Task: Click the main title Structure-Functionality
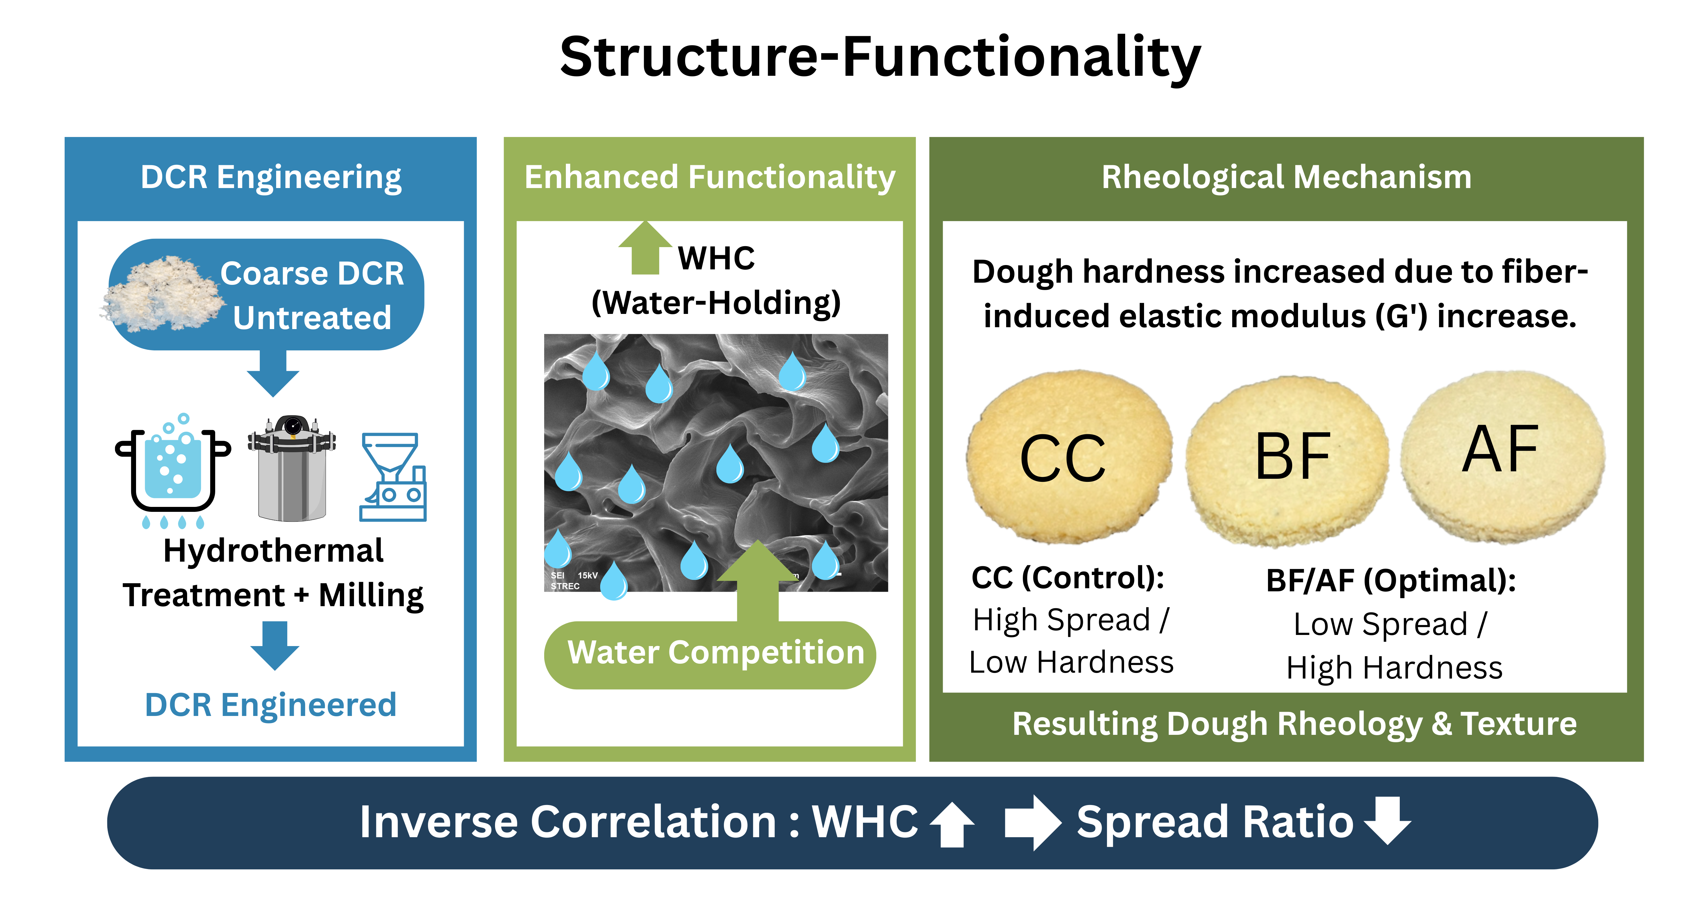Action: pos(880,58)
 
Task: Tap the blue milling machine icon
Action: pos(393,477)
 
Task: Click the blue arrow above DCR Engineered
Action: pos(275,645)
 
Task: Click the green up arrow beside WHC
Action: pos(645,248)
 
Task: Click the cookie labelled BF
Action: pos(1287,460)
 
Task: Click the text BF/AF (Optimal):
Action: pos(1390,581)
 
